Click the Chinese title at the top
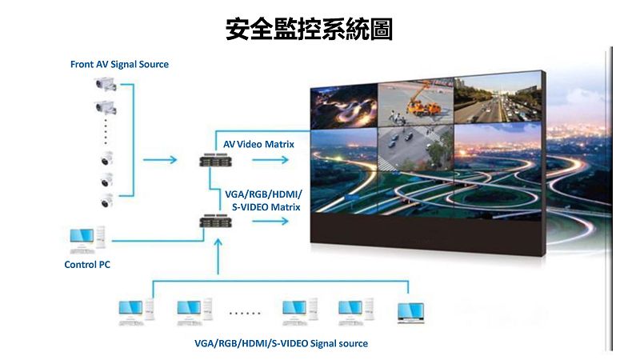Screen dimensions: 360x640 pos(310,30)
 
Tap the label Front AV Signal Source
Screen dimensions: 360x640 pos(119,64)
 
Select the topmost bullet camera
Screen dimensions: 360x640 pos(106,83)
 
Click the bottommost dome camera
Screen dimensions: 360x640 pos(106,200)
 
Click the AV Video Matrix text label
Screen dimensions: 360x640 pos(258,144)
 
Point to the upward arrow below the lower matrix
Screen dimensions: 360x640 pos(217,258)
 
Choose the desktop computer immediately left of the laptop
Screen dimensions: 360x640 pos(351,311)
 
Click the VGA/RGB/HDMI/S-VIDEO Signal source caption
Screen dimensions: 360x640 pos(281,343)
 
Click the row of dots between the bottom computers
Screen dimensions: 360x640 pos(245,313)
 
